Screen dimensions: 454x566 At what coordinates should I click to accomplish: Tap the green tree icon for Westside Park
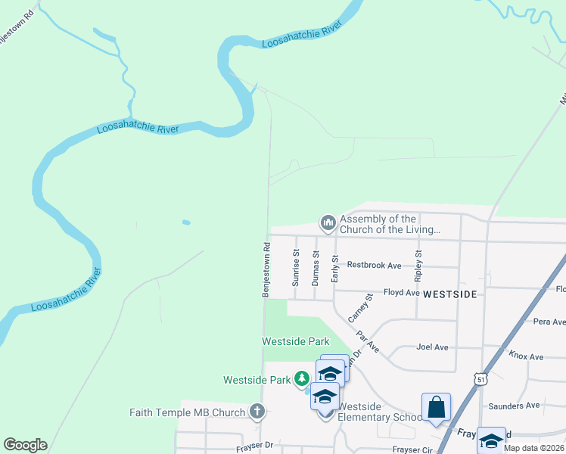[x=302, y=378]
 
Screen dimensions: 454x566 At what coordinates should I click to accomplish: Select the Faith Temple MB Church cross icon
[x=257, y=412]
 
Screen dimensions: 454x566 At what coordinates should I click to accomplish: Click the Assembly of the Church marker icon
[x=328, y=222]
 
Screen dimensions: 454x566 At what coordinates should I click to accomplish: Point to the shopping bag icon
[x=437, y=408]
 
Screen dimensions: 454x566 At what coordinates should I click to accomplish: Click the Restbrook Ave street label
[x=374, y=266]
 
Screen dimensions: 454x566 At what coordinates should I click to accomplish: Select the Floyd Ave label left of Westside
[x=401, y=292]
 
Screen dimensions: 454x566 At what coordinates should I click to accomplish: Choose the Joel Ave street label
[x=432, y=347]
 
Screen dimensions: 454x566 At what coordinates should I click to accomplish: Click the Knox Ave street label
[x=526, y=356]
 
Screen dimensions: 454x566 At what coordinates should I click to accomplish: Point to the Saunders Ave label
[x=514, y=406]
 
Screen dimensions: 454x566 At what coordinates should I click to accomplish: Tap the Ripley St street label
[x=418, y=263]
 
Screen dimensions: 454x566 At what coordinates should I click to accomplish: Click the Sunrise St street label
[x=296, y=268]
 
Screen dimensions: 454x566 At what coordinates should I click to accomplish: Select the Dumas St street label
[x=316, y=268]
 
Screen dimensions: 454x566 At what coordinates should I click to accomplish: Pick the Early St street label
[x=334, y=268]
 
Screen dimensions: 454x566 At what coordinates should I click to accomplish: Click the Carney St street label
[x=360, y=308]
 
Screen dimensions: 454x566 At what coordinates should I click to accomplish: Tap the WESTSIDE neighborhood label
[x=449, y=294]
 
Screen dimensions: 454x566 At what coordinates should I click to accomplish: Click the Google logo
[x=25, y=445]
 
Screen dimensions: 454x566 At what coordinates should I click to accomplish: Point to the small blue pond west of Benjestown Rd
[x=186, y=222]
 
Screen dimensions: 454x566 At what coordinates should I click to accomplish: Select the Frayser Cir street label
[x=412, y=449]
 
